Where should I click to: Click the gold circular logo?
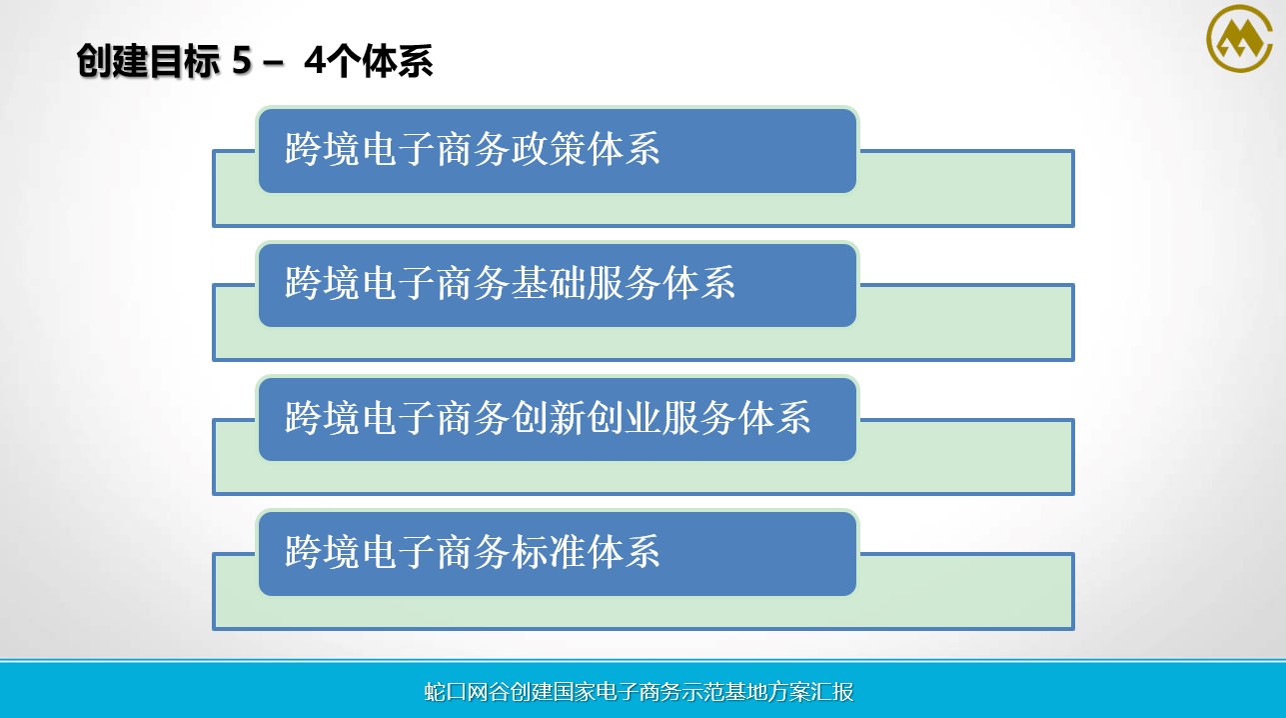1239,38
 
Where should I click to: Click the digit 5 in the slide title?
242,61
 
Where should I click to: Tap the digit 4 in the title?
315,61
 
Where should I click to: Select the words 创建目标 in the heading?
149,61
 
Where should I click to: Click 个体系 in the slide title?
380,61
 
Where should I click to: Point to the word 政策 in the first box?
548,149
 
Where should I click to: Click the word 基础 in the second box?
548,283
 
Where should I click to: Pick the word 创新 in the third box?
548,418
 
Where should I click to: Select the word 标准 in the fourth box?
548,552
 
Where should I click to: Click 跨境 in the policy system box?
322,149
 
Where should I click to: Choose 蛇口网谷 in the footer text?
467,692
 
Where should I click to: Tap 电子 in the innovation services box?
398,418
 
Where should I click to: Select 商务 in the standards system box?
473,552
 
